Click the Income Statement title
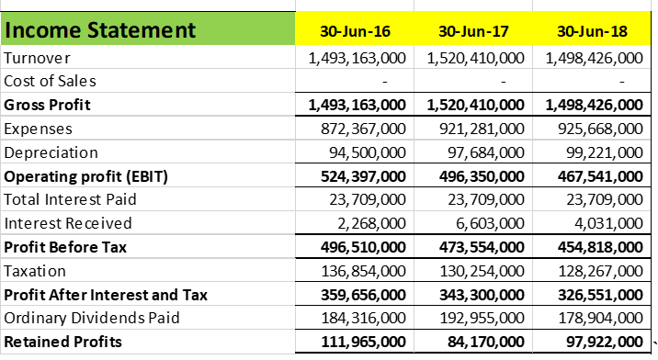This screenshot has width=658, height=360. pyautogui.click(x=101, y=30)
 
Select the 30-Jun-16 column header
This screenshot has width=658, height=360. pyautogui.click(x=356, y=31)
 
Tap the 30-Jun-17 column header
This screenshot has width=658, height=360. pyautogui.click(x=475, y=31)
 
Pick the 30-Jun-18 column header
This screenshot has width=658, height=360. pyautogui.click(x=593, y=31)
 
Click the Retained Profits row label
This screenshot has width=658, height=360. pyautogui.click(x=63, y=343)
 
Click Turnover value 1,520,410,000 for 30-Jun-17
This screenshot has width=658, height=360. pyautogui.click(x=476, y=58)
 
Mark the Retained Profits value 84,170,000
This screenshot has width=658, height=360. pyautogui.click(x=483, y=343)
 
